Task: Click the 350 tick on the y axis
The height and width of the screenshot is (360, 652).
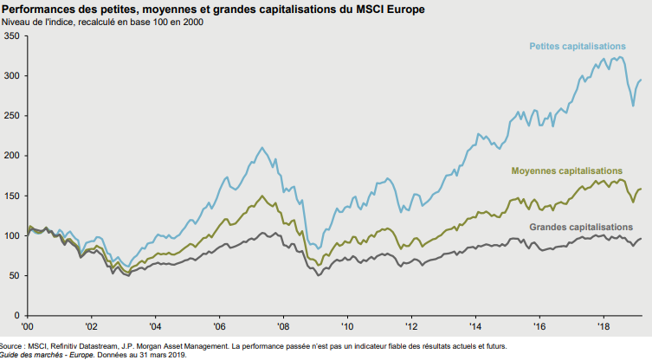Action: (x=12, y=36)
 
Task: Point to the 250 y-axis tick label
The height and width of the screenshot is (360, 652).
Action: (x=12, y=116)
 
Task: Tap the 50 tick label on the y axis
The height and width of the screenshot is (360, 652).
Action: (x=15, y=275)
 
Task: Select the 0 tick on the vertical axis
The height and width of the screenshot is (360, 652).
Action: (x=17, y=315)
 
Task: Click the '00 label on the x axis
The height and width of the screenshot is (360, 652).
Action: (x=28, y=327)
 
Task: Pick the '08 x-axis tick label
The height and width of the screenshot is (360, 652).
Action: (x=282, y=327)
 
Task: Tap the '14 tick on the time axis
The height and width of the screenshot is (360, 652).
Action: (x=474, y=327)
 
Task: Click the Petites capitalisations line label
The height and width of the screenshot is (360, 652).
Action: (x=577, y=46)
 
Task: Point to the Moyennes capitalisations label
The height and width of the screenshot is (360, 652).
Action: (x=566, y=170)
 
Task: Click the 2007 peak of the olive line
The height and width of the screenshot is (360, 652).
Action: (x=261, y=196)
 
